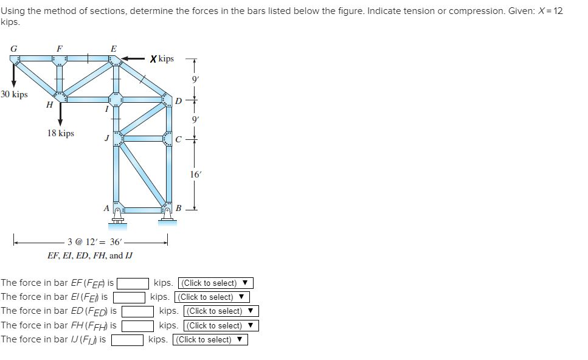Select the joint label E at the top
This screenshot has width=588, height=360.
[114, 48]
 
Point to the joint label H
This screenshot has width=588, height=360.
[48, 104]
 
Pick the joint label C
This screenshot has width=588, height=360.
[178, 139]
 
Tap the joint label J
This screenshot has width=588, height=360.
[106, 139]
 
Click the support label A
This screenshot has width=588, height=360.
[106, 208]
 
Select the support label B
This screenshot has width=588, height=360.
[178, 209]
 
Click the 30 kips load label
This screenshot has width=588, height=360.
[14, 94]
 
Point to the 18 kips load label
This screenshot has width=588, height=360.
[61, 133]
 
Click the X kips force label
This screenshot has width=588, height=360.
[162, 59]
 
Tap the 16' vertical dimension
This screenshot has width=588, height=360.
[194, 174]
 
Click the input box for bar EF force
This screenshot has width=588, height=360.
[133, 283]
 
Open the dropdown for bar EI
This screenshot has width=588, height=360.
[212, 297]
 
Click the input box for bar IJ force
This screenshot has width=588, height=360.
[127, 339]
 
